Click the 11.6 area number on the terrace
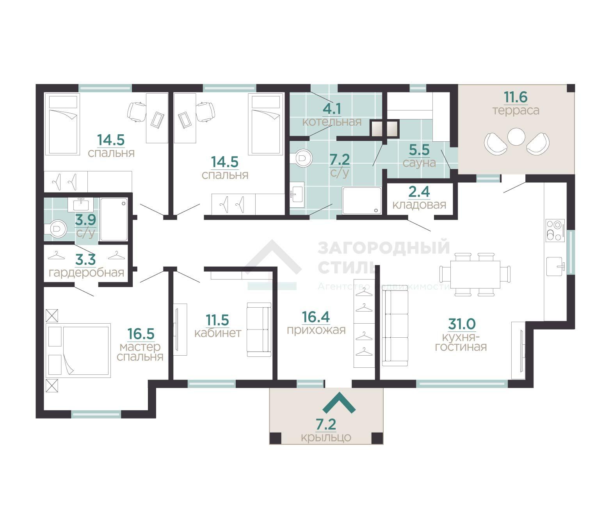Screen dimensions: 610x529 tap(515, 97)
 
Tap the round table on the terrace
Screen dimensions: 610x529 tap(516, 137)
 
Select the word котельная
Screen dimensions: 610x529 tap(332, 122)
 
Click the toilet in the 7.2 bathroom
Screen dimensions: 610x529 tap(301, 158)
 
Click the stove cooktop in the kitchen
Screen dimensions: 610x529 tap(555, 230)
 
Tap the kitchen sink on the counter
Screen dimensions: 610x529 tap(555, 267)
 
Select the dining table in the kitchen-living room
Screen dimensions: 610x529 tap(475, 274)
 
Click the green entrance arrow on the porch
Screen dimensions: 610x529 tap(339, 403)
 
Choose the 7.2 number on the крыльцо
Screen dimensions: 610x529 tap(326, 424)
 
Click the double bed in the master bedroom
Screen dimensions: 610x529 tap(78, 351)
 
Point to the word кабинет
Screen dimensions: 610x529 tap(218, 333)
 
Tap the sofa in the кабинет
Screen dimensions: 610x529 tap(259, 330)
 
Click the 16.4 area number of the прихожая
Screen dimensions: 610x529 tap(316, 317)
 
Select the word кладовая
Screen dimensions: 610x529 tap(419, 205)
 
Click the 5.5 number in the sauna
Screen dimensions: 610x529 tap(419, 150)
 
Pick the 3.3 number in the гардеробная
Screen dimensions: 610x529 tap(85, 260)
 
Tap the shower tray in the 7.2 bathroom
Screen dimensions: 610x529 tap(362, 200)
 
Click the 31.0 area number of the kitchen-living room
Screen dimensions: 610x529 tap(462, 324)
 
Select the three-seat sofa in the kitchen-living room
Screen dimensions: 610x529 tap(395, 328)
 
